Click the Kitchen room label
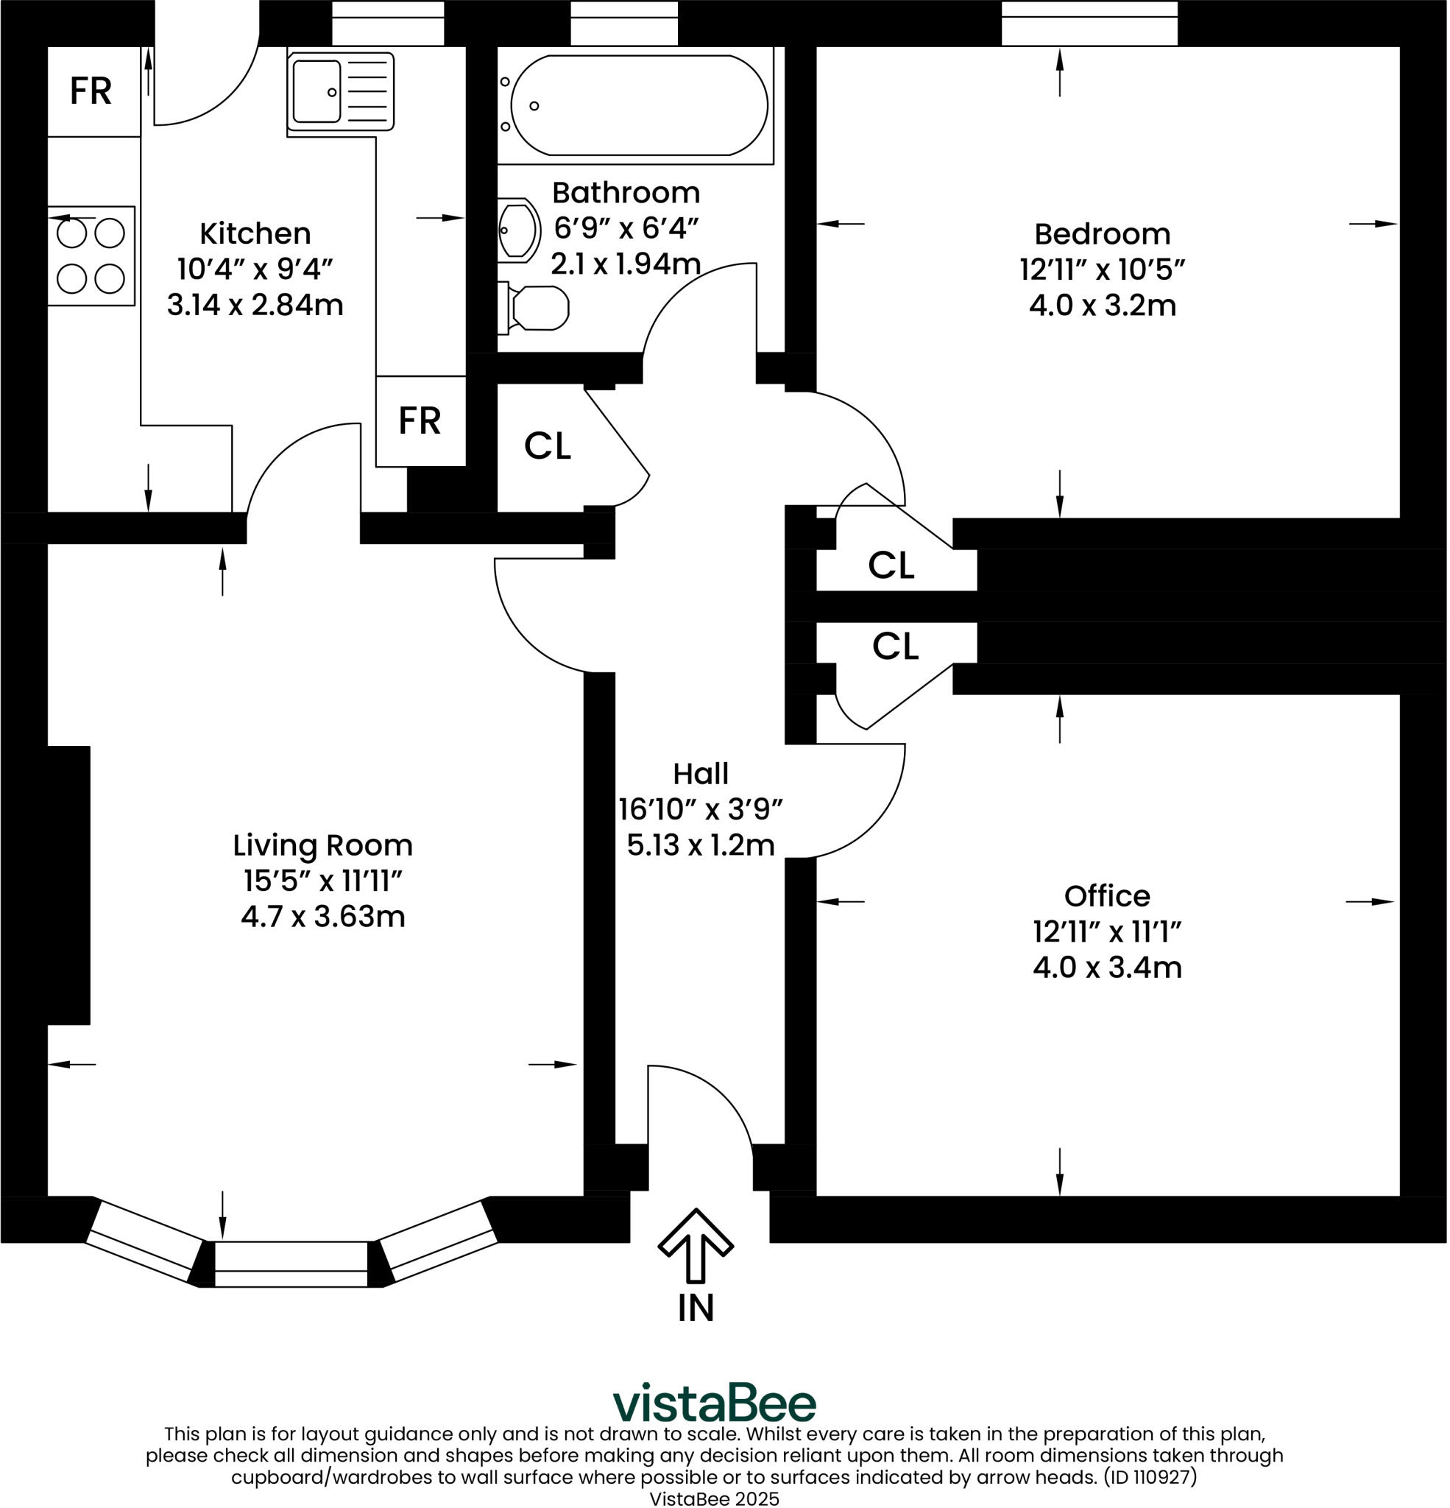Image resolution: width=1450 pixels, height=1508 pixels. pos(255,233)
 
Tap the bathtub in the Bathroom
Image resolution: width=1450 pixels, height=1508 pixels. pos(638,105)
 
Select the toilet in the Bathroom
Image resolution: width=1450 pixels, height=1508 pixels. pos(536,309)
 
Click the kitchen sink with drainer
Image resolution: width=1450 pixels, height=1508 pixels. pos(340,91)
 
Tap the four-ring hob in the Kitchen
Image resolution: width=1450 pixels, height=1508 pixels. pos(91,256)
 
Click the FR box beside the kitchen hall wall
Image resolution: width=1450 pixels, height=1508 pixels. pos(420,421)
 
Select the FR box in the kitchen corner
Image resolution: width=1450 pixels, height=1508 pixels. pos(91,91)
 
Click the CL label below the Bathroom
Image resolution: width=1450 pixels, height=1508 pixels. pos(548,446)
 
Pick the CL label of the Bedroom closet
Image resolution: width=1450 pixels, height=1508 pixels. pos(891,566)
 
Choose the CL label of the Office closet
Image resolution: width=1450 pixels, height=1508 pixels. pos(895,646)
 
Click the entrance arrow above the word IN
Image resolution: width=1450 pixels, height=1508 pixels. pos(696,1246)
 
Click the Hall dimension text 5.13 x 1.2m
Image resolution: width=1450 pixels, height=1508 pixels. pos(700,845)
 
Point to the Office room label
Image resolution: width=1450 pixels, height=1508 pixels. pos(1107,895)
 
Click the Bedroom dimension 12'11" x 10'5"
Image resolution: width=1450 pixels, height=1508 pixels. pos(1102,270)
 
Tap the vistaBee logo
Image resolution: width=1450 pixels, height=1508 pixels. pos(714,1404)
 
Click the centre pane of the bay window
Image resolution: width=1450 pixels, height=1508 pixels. pos(291,1264)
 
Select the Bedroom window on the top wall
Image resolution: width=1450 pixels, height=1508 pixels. pos(1089,23)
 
